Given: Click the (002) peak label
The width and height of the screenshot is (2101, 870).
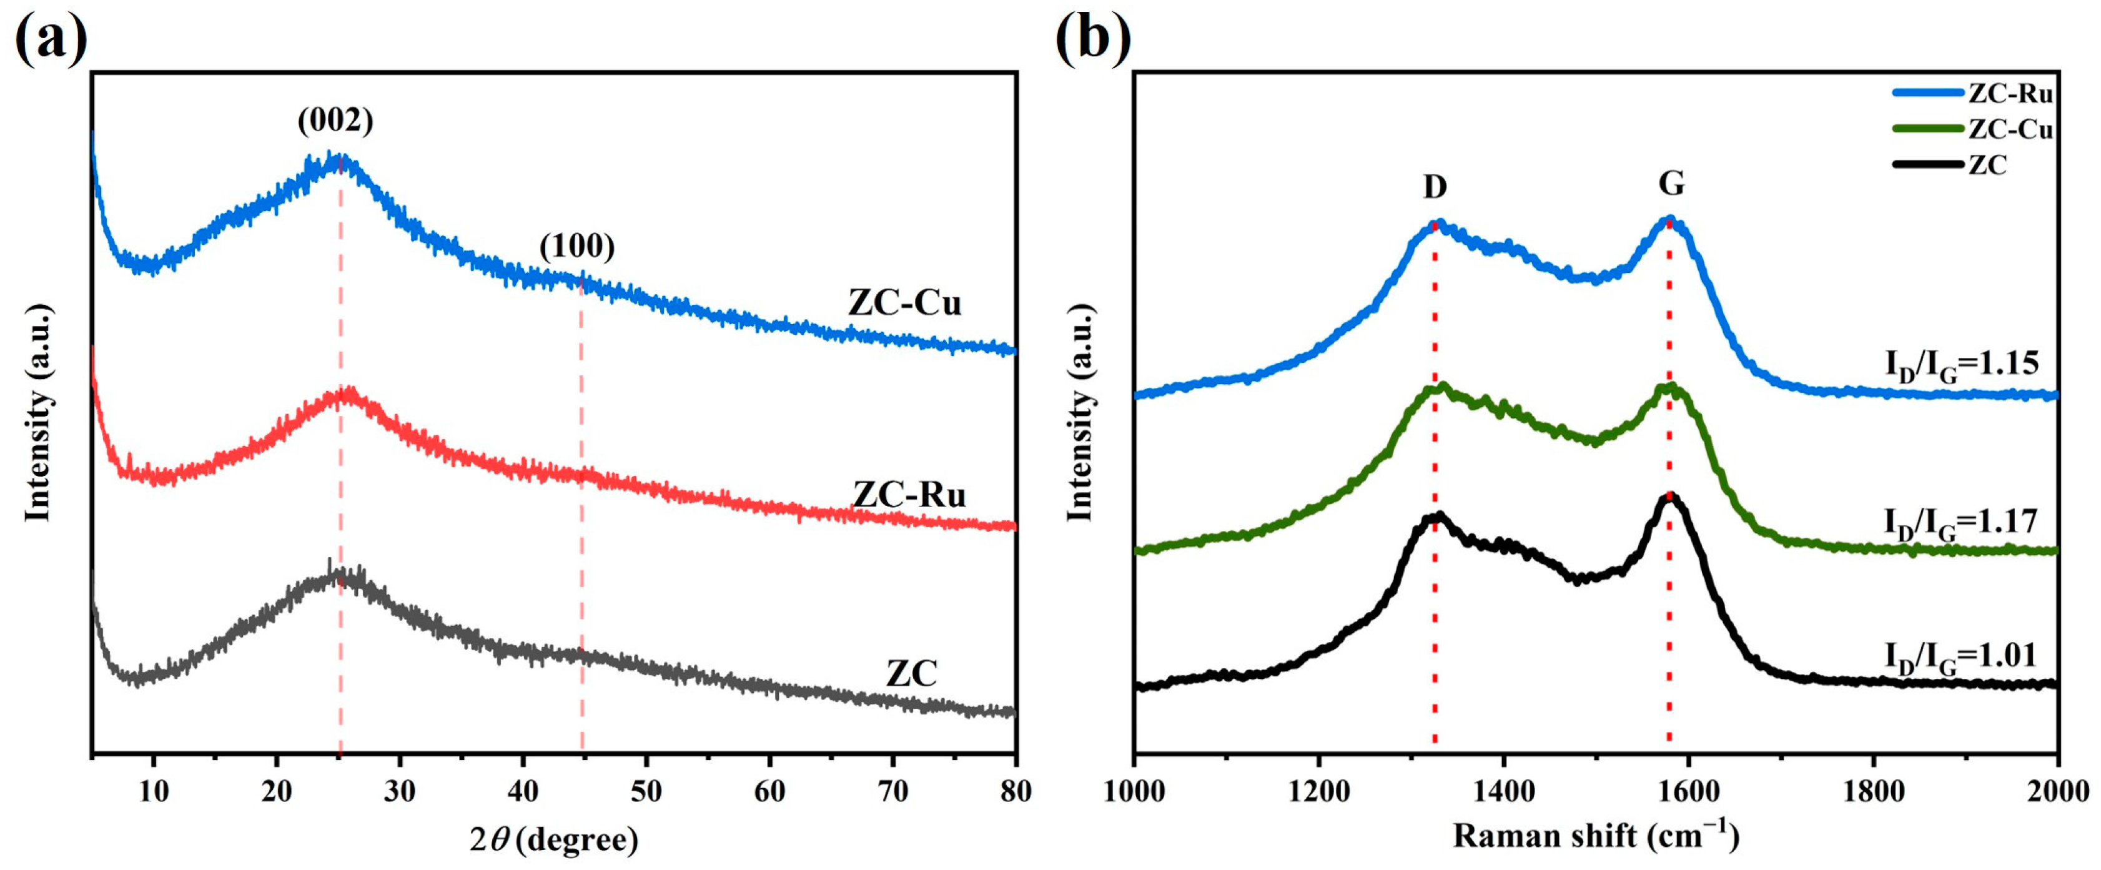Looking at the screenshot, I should click(x=335, y=121).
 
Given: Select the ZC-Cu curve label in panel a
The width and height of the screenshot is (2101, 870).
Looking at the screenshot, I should click(x=904, y=304).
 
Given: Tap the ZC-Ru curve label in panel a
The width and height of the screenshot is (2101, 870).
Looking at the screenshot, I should click(x=909, y=494).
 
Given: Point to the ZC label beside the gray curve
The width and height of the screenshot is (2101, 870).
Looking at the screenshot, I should click(x=911, y=673).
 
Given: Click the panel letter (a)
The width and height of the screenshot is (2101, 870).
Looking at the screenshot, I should click(x=51, y=38).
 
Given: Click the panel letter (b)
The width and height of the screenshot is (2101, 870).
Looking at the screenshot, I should click(x=1093, y=38).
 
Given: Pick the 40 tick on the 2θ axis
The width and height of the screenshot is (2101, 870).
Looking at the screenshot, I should click(x=523, y=790).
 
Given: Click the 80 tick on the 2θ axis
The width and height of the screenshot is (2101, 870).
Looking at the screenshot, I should click(x=1014, y=790).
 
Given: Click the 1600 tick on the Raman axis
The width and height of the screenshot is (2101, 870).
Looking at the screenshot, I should click(x=1688, y=790).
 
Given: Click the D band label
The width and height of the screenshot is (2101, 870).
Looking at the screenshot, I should click(x=1435, y=187).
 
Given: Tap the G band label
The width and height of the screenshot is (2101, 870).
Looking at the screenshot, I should click(x=1671, y=184).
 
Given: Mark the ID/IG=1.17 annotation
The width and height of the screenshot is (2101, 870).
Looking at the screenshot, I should click(x=1960, y=522).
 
